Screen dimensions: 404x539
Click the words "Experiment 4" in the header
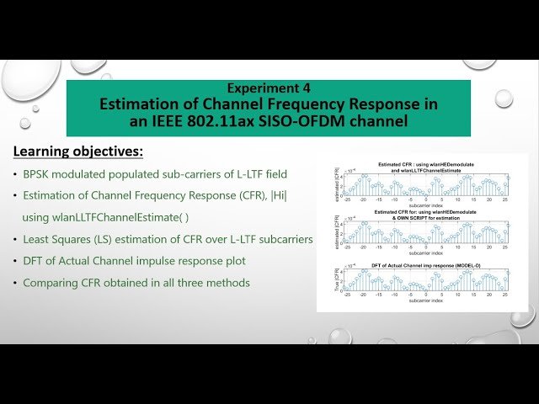(x=269, y=88)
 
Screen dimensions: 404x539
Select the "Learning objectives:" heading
(x=77, y=151)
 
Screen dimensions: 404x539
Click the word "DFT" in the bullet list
(x=35, y=261)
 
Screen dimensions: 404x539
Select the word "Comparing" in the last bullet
(x=50, y=283)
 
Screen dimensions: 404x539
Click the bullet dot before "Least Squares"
(x=14, y=240)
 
